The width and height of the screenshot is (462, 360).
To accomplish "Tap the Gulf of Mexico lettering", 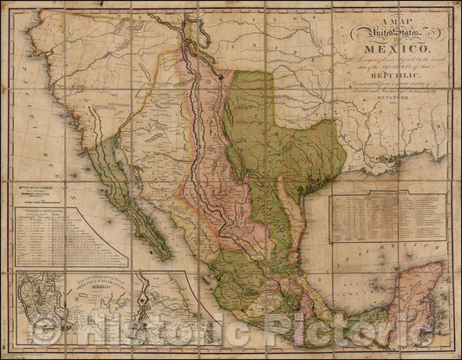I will tap(347, 260).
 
